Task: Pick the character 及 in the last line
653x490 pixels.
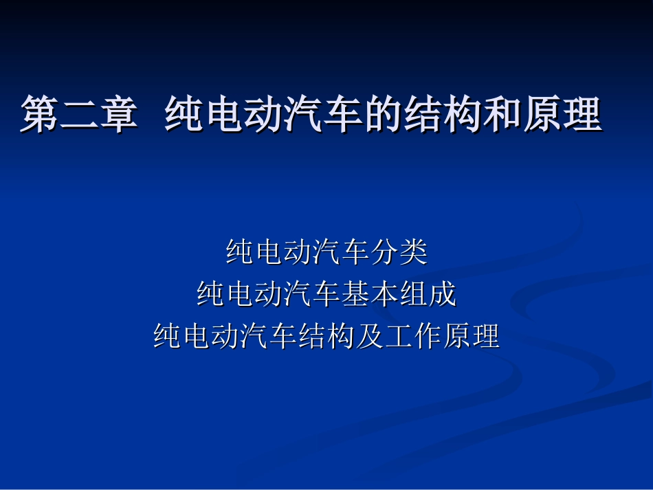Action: click(370, 336)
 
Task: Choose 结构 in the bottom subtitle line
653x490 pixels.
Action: click(326, 336)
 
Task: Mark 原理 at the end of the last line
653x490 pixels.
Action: click(471, 336)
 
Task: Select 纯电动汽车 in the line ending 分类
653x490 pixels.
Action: click(298, 252)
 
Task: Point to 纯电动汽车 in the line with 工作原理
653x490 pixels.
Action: click(225, 336)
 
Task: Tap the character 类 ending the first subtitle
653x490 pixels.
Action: click(413, 252)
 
